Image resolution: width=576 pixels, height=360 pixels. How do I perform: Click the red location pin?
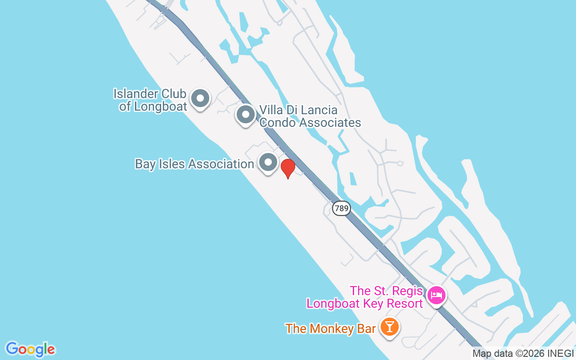pyautogui.click(x=288, y=168)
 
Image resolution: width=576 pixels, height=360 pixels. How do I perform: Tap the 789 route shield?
pyautogui.click(x=342, y=208)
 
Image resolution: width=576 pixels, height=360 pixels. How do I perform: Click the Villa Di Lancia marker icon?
pyautogui.click(x=246, y=114)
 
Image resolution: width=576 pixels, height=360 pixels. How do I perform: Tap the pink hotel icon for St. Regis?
pyautogui.click(x=436, y=296)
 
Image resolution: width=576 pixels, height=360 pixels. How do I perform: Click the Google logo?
pyautogui.click(x=30, y=349)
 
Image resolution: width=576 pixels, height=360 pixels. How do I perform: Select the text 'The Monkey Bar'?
pyautogui.click(x=330, y=328)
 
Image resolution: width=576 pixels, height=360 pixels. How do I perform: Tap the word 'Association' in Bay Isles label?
pyautogui.click(x=221, y=164)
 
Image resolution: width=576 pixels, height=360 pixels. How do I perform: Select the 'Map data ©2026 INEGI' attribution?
pyautogui.click(x=523, y=354)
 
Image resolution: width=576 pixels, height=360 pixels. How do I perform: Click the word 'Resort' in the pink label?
pyautogui.click(x=404, y=304)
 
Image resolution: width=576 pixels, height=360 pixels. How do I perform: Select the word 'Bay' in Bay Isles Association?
pyautogui.click(x=145, y=164)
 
